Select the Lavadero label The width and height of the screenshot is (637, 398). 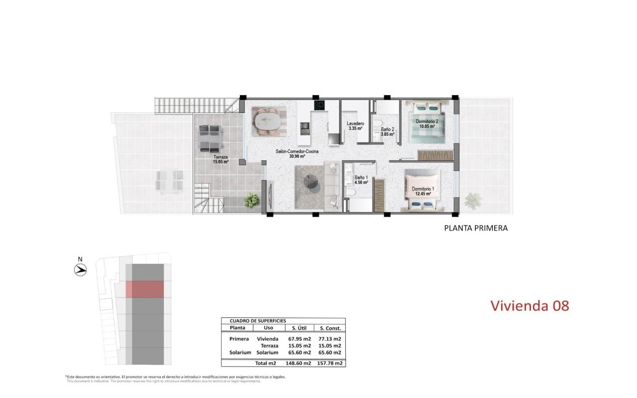pos(355,126)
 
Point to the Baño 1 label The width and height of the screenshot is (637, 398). pos(361,180)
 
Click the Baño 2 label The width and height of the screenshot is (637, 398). pos(387,131)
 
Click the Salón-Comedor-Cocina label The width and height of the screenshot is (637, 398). pos(297,154)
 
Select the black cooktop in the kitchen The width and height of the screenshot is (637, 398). pos(319,105)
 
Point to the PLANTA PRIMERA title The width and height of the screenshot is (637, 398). pos(475,228)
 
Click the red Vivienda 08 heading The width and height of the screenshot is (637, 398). pos(530,305)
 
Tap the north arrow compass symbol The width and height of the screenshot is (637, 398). pos(80,270)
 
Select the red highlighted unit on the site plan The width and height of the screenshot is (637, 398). pos(144,289)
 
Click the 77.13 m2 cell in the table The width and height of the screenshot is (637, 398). pos(331,339)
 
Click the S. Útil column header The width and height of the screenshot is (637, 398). pos(299,328)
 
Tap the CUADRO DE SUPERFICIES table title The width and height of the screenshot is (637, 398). pos(258,321)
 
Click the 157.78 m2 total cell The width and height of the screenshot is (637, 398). pos(331,363)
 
